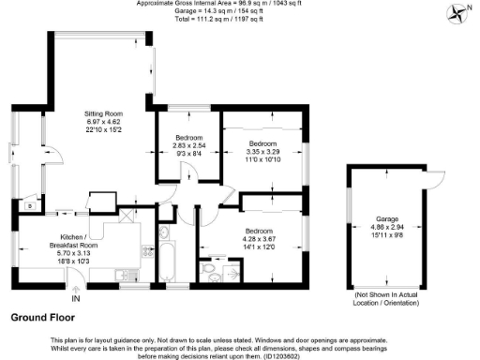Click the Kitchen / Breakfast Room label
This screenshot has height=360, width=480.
point(71,239)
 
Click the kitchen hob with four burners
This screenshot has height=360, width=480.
point(147,251)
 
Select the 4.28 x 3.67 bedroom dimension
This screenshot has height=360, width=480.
point(258,239)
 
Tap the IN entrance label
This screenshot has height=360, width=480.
point(76,299)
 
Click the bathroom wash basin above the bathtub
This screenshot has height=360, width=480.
point(164,232)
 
